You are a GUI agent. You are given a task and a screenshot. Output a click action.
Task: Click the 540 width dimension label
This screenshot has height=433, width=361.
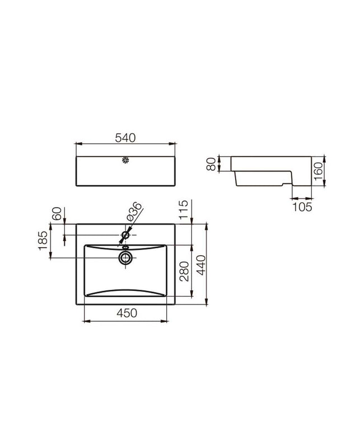(x=125, y=138)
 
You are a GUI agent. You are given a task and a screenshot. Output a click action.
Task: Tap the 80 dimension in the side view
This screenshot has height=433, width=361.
(x=212, y=164)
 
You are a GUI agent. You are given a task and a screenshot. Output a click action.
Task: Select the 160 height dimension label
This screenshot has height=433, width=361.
(x=318, y=171)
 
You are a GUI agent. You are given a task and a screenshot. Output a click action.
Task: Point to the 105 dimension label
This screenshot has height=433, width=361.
(x=302, y=207)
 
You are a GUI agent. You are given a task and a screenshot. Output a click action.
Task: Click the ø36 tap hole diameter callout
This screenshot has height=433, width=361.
(x=134, y=211)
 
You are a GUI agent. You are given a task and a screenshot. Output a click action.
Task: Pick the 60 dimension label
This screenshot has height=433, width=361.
(x=57, y=214)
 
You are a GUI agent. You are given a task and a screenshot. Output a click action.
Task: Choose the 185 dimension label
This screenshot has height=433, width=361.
(x=43, y=241)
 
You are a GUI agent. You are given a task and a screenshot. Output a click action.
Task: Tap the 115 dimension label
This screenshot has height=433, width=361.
(x=184, y=210)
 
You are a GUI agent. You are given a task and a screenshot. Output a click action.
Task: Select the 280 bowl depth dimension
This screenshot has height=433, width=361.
(x=184, y=271)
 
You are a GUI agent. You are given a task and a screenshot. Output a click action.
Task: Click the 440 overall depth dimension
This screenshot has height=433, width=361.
(x=201, y=265)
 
